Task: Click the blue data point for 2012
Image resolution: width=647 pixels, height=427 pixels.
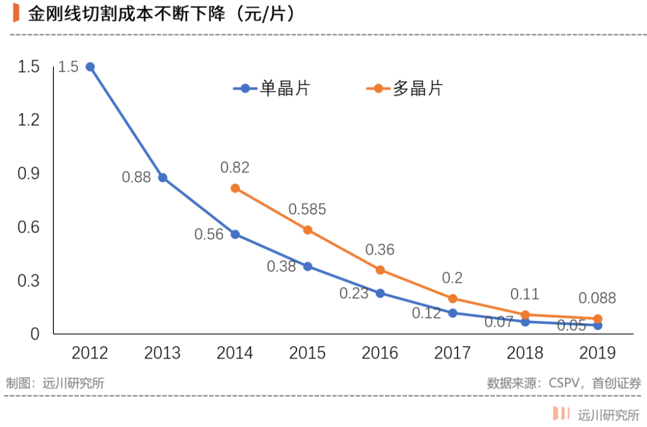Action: (x=90, y=67)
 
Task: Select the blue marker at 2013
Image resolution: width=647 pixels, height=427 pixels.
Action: (x=162, y=178)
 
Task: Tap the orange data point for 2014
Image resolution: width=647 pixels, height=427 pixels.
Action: (x=235, y=188)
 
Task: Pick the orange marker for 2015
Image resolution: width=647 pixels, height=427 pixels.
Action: (x=307, y=230)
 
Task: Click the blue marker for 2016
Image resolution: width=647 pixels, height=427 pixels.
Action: (x=380, y=293)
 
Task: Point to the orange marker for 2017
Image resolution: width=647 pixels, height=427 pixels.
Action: (x=453, y=298)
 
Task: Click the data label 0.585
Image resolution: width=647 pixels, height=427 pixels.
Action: (x=307, y=209)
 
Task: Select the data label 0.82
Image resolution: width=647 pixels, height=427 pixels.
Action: (x=235, y=167)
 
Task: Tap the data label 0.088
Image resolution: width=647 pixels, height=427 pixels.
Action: (x=597, y=298)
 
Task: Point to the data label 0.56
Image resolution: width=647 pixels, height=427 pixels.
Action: (x=209, y=234)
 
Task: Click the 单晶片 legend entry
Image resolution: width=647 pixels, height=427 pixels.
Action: (x=271, y=88)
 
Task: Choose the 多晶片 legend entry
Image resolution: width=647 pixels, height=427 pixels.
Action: (x=404, y=88)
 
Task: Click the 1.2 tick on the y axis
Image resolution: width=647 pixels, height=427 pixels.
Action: (x=28, y=120)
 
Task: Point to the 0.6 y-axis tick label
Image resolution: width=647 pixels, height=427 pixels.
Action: (x=28, y=227)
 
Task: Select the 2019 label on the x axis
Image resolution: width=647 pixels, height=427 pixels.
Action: (x=597, y=353)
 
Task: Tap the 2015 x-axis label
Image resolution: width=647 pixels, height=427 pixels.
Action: (x=307, y=353)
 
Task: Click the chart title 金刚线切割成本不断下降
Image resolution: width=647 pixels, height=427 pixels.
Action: (x=126, y=14)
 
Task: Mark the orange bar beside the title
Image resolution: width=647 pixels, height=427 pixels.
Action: (x=16, y=13)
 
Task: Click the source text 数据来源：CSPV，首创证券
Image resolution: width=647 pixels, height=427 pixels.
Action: (x=564, y=383)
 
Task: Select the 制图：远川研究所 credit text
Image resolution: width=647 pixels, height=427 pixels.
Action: (x=55, y=383)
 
